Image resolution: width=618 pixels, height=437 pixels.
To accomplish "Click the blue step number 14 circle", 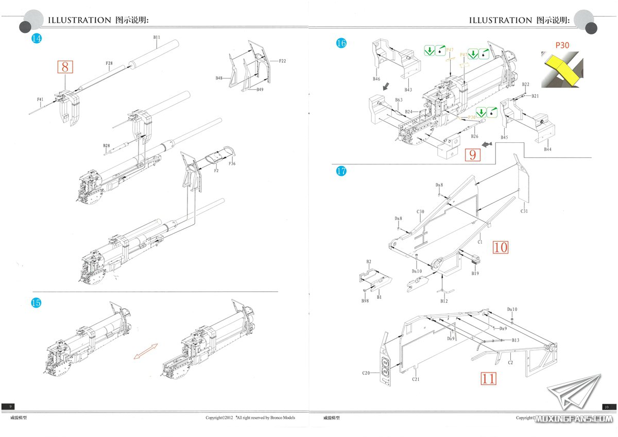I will (x=36, y=38).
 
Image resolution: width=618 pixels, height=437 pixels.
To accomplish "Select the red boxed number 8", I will (x=65, y=67).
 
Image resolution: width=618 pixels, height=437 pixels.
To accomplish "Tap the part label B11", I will (x=157, y=37).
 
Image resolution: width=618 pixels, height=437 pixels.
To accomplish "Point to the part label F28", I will (x=109, y=63).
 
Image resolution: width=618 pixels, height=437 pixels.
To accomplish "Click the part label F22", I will (x=282, y=61).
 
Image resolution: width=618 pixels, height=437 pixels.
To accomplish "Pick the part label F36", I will (x=232, y=164).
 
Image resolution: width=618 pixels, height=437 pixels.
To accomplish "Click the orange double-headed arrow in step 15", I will (x=145, y=351).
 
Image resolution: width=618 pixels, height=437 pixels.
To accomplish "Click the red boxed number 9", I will (x=472, y=154).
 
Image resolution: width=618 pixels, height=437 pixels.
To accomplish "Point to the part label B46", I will (x=376, y=79).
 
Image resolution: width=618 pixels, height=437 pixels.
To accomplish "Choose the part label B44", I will (x=547, y=149).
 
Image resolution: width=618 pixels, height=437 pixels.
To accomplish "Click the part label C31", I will (x=524, y=211).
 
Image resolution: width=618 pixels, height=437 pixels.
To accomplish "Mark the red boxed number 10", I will (x=500, y=247).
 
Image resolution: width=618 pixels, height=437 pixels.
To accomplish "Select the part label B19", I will (x=475, y=273).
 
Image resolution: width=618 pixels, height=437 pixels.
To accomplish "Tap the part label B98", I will (x=365, y=300).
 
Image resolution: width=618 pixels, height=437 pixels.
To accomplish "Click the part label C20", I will (x=366, y=373).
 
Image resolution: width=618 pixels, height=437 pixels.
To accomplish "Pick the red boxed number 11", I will (x=488, y=379).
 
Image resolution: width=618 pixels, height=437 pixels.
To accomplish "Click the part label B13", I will (x=516, y=340).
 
